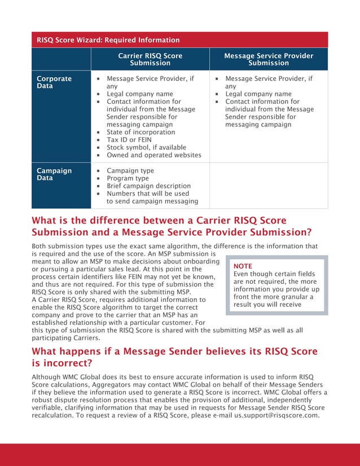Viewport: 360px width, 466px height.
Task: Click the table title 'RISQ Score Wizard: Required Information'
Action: pos(108,40)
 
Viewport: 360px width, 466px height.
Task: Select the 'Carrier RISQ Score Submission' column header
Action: pos(150,60)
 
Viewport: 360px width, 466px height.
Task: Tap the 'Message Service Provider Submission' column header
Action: pos(269,60)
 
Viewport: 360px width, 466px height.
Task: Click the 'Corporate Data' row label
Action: pos(54,82)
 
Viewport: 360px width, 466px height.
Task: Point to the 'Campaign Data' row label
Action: pos(54,174)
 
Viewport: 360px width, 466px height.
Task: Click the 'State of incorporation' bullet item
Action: pos(141,132)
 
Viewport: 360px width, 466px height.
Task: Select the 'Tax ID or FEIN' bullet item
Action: pos(129,139)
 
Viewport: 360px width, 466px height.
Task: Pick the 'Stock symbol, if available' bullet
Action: pos(146,147)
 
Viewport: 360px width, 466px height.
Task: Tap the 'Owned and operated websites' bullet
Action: pos(153,155)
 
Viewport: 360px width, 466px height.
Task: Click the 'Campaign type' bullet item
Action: pos(130,170)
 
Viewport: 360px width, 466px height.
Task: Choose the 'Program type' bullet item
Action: pos(128,178)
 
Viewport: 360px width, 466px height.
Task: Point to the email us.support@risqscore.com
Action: pos(276,416)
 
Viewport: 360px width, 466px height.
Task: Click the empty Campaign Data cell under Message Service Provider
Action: pos(269,186)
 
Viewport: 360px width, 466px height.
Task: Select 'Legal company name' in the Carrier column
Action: pos(139,94)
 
